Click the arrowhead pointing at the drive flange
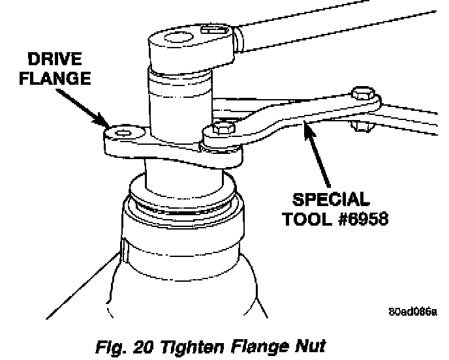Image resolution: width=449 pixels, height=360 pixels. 104,122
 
